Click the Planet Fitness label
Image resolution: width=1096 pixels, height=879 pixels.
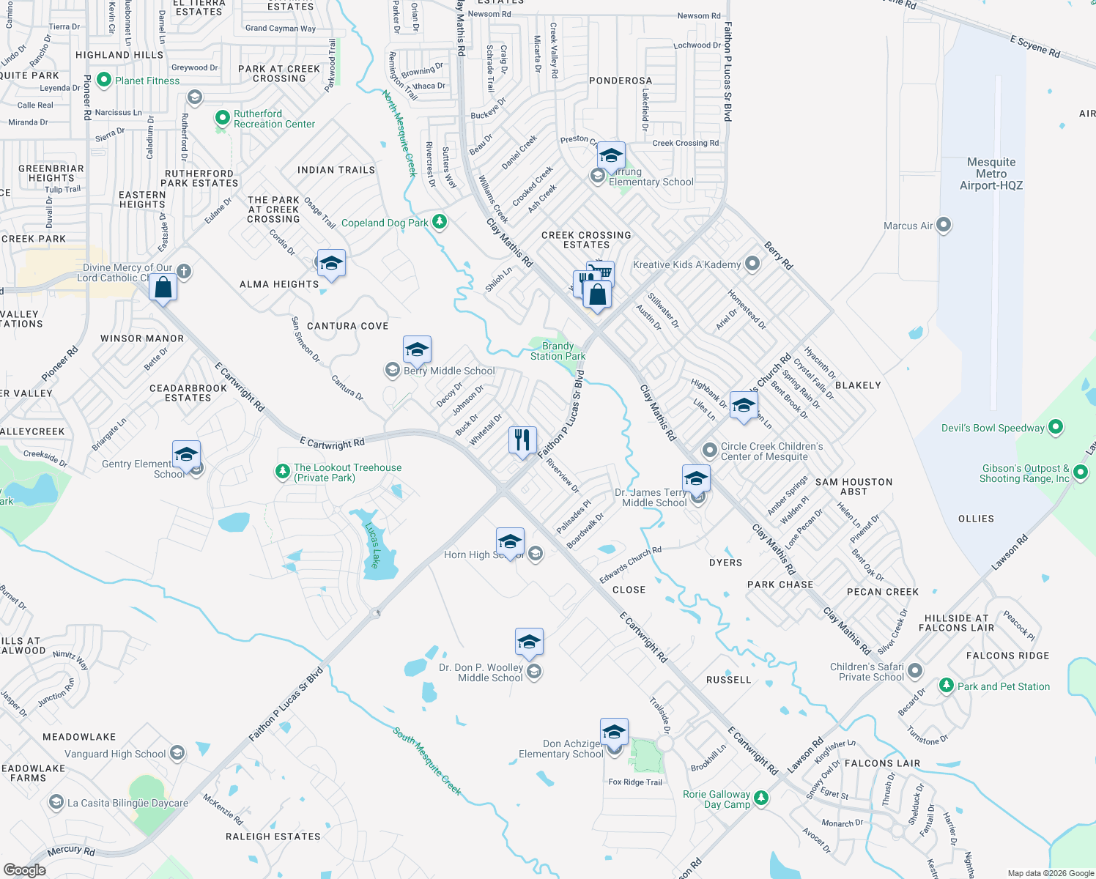(x=147, y=81)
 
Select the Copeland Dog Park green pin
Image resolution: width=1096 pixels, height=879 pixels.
(x=440, y=221)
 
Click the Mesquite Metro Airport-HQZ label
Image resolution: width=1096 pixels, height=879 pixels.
(x=991, y=174)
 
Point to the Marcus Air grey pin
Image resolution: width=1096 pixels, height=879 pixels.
(x=944, y=225)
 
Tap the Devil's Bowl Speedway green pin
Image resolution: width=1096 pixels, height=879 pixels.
(x=1056, y=427)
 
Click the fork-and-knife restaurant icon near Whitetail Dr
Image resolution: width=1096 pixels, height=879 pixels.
(x=522, y=440)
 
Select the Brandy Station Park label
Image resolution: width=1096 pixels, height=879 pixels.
(x=558, y=351)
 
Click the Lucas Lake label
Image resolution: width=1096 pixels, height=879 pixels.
(x=373, y=545)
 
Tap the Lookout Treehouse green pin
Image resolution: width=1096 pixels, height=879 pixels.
(x=283, y=472)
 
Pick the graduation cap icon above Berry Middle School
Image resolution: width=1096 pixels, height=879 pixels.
(x=417, y=349)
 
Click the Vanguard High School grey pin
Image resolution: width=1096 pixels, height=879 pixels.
(x=177, y=753)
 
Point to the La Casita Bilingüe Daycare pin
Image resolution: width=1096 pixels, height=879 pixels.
(x=56, y=803)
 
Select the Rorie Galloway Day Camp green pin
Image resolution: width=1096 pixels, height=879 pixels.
(x=761, y=798)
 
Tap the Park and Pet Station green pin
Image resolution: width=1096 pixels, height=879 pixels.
(x=947, y=686)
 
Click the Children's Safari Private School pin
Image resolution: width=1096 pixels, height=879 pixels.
(x=914, y=671)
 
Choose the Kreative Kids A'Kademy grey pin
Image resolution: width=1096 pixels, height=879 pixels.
(x=752, y=264)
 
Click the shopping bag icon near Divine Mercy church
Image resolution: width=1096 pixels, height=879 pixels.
(x=163, y=287)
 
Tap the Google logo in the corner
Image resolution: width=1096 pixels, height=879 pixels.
(x=25, y=869)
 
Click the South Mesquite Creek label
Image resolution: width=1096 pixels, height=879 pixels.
(x=427, y=761)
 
